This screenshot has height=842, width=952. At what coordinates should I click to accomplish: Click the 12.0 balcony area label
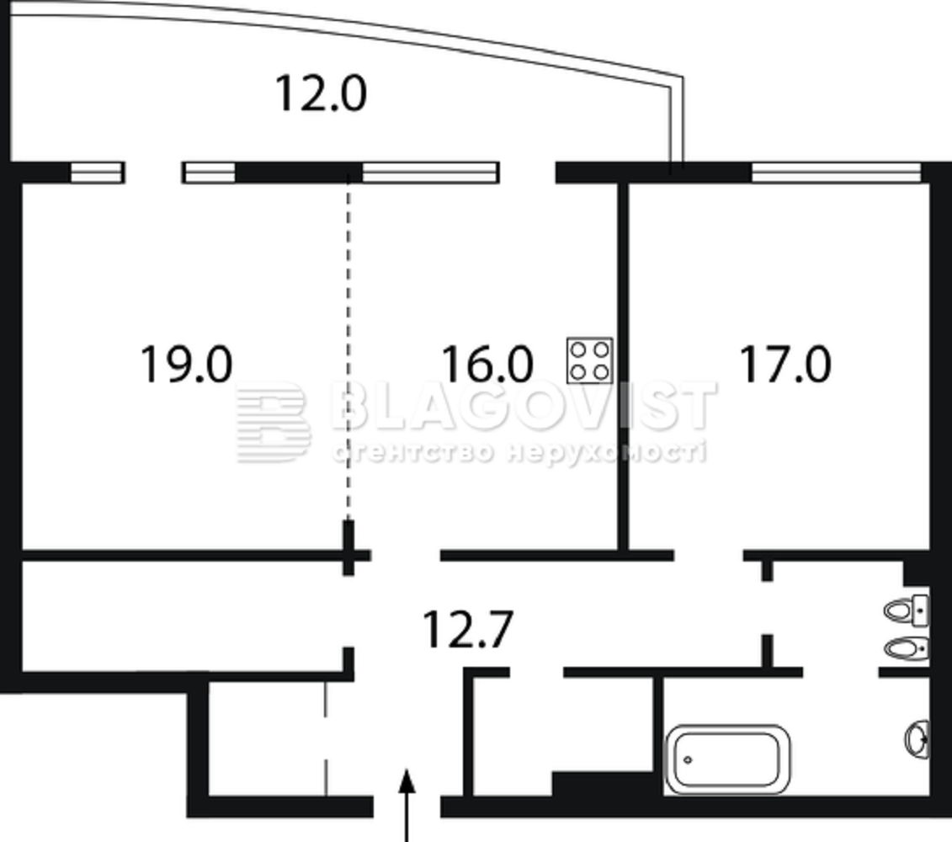point(321,93)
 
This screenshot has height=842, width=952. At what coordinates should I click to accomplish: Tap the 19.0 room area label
point(186,364)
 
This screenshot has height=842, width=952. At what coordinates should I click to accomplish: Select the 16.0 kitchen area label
point(487,364)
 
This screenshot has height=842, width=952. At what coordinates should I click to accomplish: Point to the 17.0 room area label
point(785,364)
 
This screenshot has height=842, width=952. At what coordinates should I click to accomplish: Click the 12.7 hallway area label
point(468,630)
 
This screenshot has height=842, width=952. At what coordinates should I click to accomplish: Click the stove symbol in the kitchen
point(589,360)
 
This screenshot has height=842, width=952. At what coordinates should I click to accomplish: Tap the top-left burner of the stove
point(578,349)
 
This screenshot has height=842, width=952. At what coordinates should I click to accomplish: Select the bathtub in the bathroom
point(727,759)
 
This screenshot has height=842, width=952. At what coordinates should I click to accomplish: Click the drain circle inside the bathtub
point(688,759)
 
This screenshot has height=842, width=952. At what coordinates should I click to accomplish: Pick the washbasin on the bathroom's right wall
point(917,738)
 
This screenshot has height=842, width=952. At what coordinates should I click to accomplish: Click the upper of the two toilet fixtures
point(906,610)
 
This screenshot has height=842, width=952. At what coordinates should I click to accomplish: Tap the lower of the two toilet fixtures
point(906,649)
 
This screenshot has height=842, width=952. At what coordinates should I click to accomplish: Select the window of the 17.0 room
point(836,173)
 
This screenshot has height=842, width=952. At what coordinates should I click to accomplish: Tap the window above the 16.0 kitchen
point(430,173)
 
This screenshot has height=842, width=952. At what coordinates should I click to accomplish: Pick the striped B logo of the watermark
point(274,423)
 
